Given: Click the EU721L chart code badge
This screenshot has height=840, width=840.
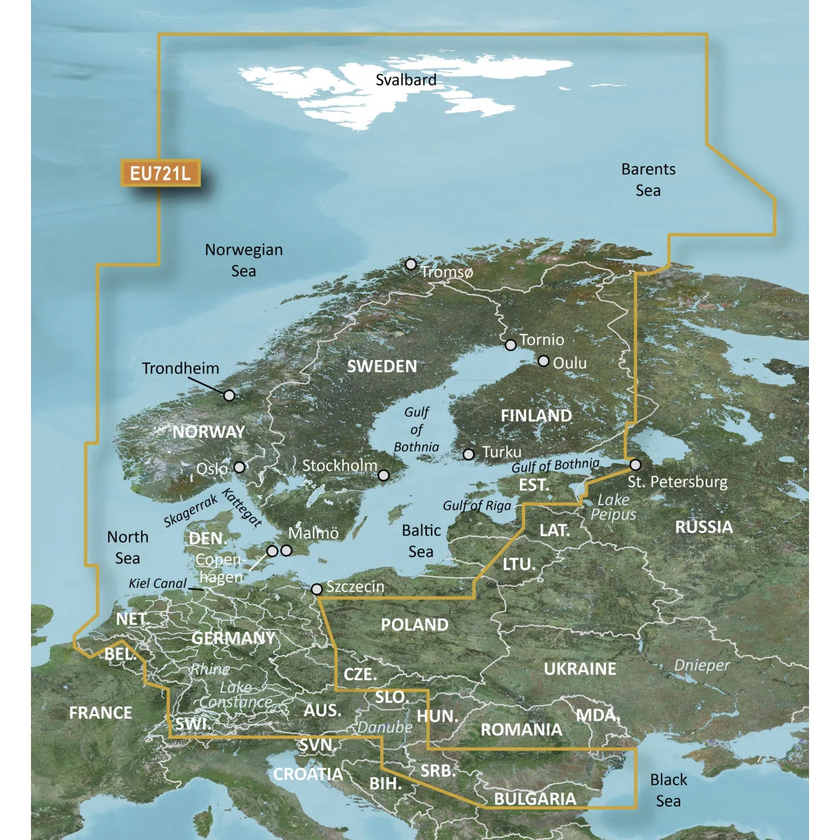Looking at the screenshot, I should point(160,173).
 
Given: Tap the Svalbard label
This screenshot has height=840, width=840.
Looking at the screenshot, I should point(406,80).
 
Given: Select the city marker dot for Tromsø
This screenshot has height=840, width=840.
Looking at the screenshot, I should point(411,264).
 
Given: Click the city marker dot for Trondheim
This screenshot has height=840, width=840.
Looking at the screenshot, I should point(229,395).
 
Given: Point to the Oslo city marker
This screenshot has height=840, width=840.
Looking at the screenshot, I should point(239,467).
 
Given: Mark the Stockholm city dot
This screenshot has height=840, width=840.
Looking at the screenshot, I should point(384,475).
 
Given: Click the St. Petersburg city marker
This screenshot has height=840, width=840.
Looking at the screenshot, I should point(635,465).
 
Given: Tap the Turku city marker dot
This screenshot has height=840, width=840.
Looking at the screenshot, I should point(469,454).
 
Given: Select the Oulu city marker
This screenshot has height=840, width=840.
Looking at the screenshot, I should point(543,361).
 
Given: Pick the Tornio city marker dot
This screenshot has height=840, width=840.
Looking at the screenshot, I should point(510,345).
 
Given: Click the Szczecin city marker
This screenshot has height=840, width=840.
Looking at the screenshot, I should point(317,589).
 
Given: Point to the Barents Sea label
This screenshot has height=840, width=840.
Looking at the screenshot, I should point(648,180).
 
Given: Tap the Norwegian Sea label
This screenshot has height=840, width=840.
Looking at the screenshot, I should point(244,260).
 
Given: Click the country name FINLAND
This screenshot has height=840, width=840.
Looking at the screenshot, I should point(536,416).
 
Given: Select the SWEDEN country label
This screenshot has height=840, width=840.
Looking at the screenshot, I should point(381,366).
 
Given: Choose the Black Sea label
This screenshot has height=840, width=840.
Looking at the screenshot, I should point(669,790).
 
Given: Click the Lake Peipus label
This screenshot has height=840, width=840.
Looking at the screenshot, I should point(613,507).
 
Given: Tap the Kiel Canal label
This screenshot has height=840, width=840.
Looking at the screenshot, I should point(158,584).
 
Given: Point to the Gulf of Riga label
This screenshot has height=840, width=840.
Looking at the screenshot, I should point(477,505).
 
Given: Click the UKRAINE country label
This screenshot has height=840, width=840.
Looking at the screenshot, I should point(580,669).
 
